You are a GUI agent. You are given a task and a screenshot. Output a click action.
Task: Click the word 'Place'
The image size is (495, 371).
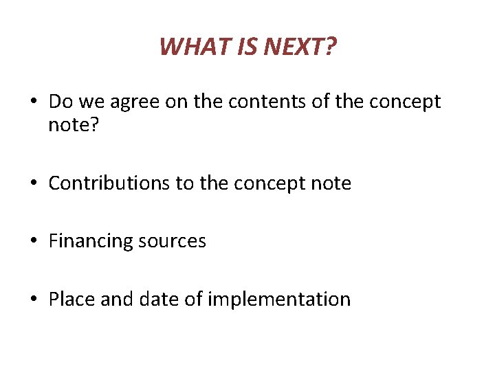[x=71, y=300]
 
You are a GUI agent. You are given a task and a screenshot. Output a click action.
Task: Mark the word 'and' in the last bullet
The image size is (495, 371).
[x=118, y=300]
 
